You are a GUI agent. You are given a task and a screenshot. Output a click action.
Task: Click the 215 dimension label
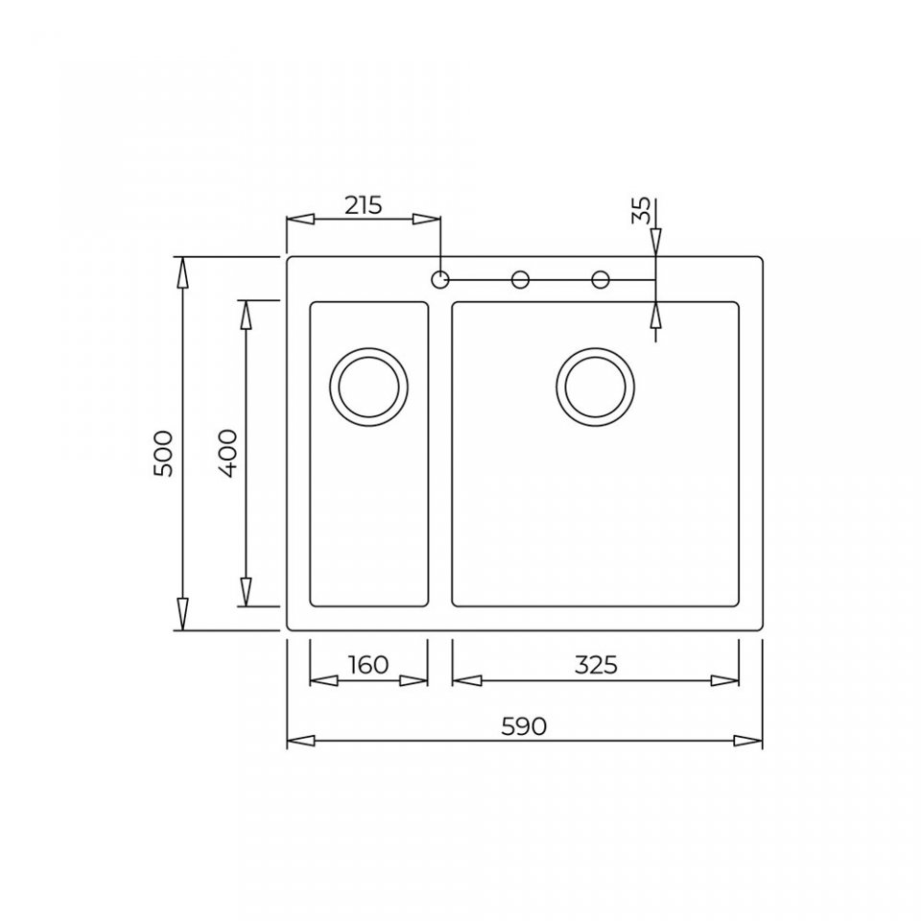[363, 205]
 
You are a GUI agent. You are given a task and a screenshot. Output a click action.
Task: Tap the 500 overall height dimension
[162, 453]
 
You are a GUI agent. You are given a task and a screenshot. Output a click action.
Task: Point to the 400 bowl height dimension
[226, 453]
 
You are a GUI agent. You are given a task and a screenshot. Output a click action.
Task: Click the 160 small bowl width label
[368, 664]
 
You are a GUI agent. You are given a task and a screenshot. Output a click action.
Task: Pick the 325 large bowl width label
[596, 664]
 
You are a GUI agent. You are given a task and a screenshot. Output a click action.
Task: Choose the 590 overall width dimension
[524, 726]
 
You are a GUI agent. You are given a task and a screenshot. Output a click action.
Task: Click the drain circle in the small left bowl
[368, 387]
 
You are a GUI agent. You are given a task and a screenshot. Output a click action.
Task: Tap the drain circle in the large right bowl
[595, 387]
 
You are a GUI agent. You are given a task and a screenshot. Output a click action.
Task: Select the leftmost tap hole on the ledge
[440, 279]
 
